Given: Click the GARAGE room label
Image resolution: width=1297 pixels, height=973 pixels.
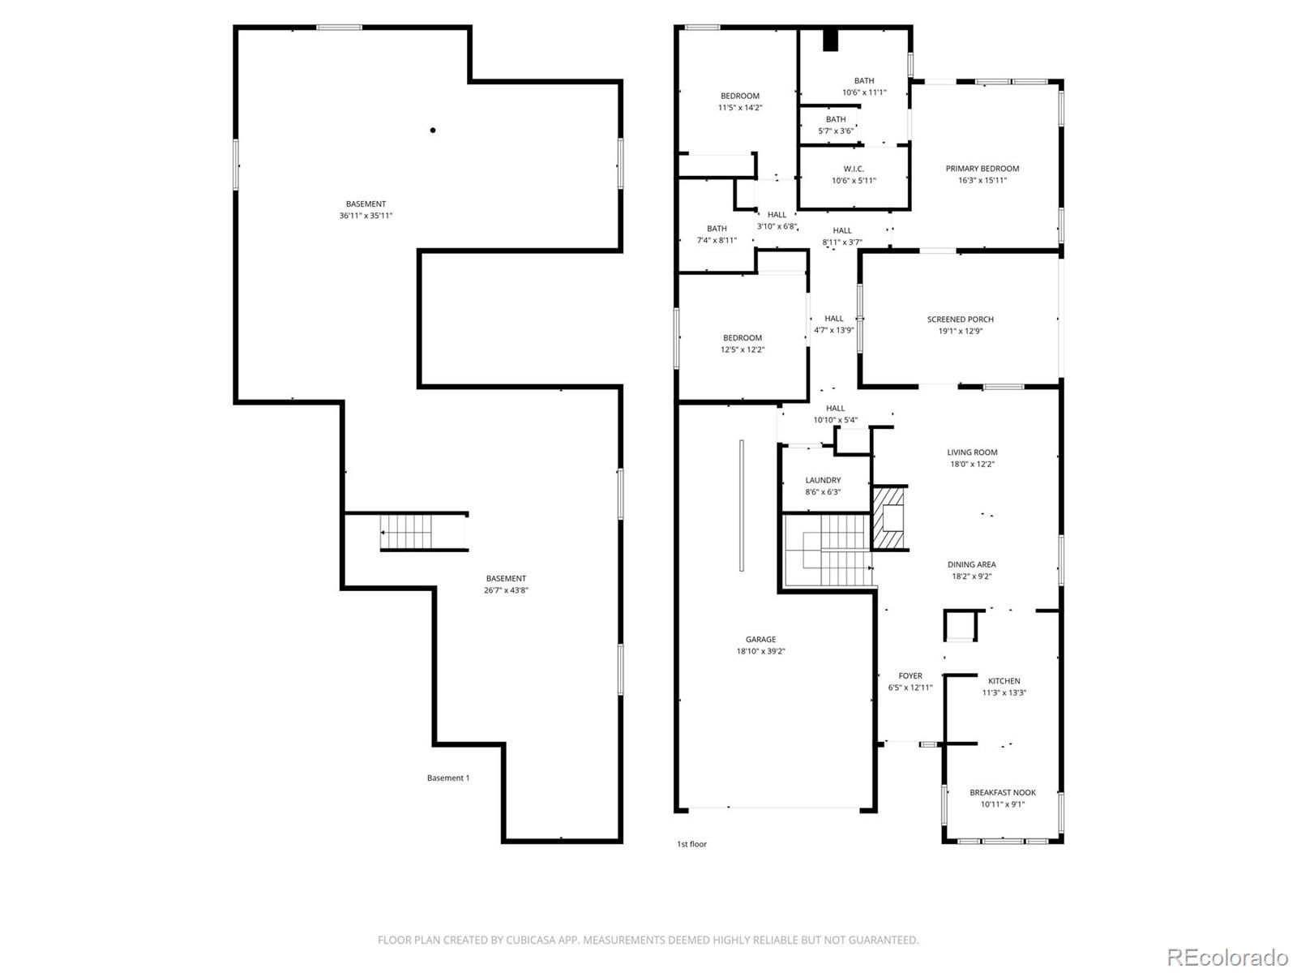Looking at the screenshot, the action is [x=760, y=639].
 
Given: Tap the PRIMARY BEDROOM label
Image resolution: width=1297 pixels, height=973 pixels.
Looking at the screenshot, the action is [x=982, y=169].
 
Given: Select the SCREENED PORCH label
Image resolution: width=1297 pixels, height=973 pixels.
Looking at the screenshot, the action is [x=960, y=319].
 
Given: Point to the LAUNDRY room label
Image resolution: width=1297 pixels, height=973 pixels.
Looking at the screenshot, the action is [x=823, y=480].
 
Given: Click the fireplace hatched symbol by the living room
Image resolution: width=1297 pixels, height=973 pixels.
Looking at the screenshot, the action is [x=890, y=517].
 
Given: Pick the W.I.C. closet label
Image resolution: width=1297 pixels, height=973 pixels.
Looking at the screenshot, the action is [x=854, y=169].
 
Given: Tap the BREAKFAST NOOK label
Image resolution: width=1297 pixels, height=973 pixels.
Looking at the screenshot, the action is [x=1002, y=792].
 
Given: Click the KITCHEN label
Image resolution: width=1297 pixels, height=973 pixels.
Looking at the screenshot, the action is [x=1004, y=680].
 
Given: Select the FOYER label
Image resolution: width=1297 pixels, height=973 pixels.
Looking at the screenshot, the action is [x=910, y=675].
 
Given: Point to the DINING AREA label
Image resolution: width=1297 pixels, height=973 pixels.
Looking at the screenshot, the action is [x=971, y=564].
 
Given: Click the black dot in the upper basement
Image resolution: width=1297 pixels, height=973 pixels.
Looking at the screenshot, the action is [x=433, y=130].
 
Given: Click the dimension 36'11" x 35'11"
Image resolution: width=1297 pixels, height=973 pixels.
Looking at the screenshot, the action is [x=365, y=216].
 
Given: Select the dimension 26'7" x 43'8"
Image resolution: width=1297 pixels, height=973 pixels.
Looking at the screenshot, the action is [x=506, y=590].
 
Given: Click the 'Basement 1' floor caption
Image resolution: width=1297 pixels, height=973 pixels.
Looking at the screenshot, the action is [x=448, y=778].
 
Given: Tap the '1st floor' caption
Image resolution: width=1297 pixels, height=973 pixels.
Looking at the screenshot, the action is [x=691, y=844].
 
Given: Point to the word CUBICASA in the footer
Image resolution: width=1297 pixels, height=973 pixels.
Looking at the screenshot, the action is [x=530, y=940].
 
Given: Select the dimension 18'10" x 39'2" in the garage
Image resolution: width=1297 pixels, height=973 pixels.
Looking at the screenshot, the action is [x=760, y=651].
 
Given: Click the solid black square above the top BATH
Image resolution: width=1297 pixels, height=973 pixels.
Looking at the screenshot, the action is [x=830, y=40].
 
